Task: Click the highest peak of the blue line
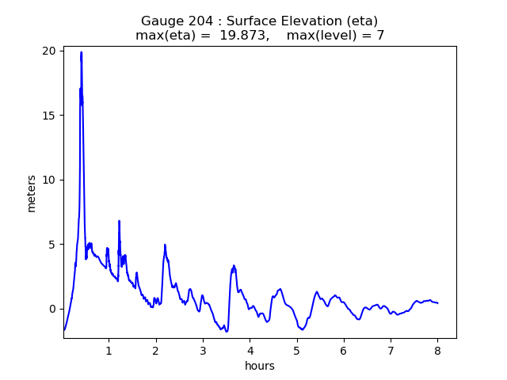point(81,52)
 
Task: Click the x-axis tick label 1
point(109,351)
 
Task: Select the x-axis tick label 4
point(250,351)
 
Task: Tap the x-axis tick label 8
point(437,351)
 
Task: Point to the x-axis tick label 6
point(344,351)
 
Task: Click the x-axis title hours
point(260,367)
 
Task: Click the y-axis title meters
point(32,193)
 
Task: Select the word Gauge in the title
point(160,21)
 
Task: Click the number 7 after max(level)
point(380,36)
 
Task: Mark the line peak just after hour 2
point(165,245)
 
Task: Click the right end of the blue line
point(438,303)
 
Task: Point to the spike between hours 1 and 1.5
point(119,221)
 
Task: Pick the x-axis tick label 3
point(203,351)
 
